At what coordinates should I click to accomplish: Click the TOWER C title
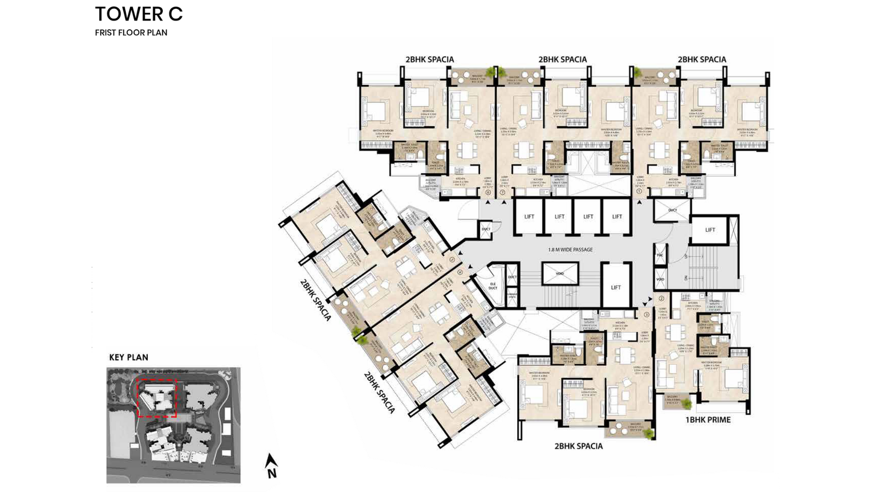tap(138, 14)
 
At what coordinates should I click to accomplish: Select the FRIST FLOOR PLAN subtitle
tap(131, 33)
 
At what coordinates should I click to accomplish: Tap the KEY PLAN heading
tap(128, 358)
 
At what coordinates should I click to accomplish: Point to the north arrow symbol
tap(271, 465)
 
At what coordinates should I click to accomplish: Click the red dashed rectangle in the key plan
tap(157, 398)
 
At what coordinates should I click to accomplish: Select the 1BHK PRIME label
tap(708, 420)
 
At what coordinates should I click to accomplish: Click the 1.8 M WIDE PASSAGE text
tap(570, 250)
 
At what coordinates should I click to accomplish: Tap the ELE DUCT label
tap(493, 285)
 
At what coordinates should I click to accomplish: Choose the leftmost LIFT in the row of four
tap(529, 217)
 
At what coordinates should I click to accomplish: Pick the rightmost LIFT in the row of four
tap(616, 217)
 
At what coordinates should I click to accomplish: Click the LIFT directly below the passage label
tap(616, 287)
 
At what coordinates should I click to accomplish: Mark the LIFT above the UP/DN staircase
tap(710, 230)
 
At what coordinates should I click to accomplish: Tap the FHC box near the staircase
tap(660, 256)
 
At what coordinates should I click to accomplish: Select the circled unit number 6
tap(487, 193)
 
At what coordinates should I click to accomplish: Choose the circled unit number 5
tap(452, 259)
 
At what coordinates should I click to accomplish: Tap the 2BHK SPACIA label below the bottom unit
tap(578, 446)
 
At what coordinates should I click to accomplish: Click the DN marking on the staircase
tap(684, 277)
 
